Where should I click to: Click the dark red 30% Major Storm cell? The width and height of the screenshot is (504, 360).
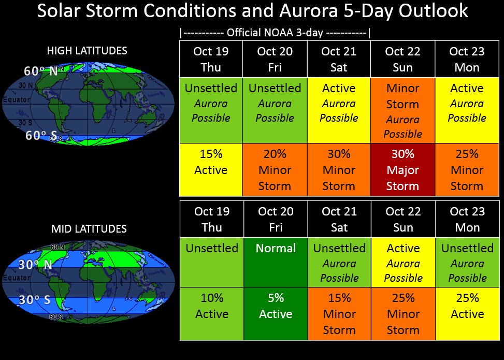tap(402, 170)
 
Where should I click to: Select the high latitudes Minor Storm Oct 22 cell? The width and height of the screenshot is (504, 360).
tap(402, 111)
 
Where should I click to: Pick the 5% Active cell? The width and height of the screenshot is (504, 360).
tap(276, 313)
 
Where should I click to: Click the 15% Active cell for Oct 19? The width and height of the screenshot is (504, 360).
tap(211, 170)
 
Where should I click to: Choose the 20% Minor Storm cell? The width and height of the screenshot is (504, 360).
tap(275, 170)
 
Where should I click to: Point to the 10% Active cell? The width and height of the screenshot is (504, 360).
tap(212, 313)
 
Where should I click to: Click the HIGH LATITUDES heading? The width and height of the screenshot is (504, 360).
tap(87, 51)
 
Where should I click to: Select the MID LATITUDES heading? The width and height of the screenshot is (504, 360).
tap(89, 228)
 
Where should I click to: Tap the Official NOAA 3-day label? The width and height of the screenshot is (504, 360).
tap(275, 34)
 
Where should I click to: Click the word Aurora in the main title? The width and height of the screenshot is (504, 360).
tap(318, 11)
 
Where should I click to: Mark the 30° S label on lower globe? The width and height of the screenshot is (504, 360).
tap(35, 300)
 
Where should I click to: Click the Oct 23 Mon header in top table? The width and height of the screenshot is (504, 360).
tap(467, 59)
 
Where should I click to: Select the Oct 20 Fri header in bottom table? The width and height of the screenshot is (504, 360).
tap(276, 219)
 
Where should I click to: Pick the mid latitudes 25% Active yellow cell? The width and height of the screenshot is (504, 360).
tap(467, 313)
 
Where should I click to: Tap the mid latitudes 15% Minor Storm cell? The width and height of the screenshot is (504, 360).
tap(339, 313)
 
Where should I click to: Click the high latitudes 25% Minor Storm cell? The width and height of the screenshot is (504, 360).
tap(467, 170)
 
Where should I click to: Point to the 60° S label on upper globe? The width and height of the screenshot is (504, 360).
tap(40, 136)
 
